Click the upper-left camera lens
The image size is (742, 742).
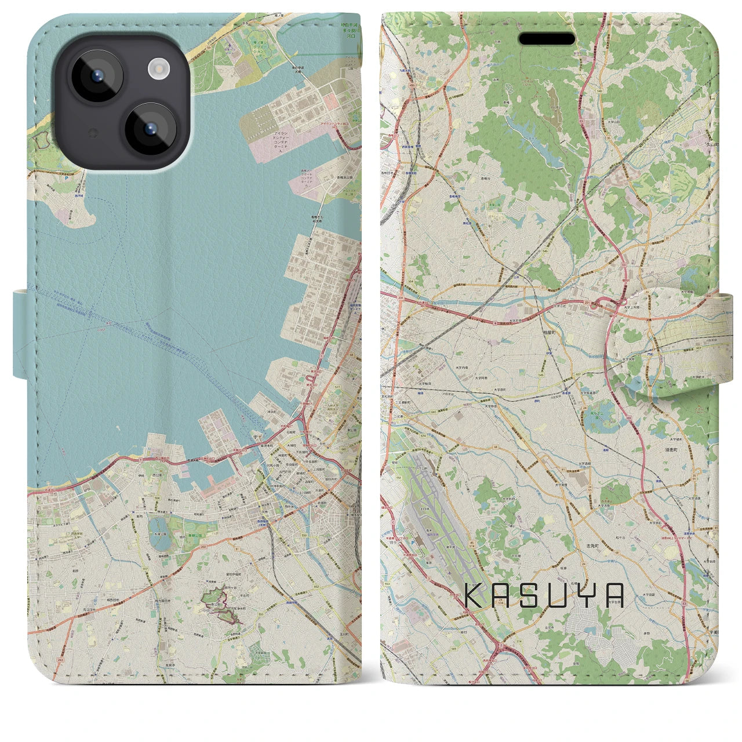tap(96, 76)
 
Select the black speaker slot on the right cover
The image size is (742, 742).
tap(547, 39)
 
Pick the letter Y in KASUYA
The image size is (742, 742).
tap(586, 595)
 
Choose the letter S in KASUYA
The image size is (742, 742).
tap(530, 595)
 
